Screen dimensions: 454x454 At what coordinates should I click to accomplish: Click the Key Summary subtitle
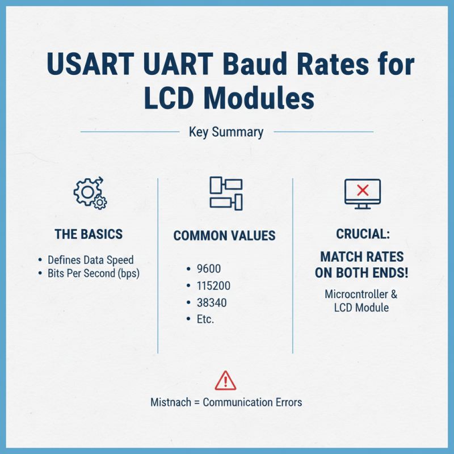click(226, 132)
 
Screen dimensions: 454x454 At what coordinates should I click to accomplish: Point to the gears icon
click(90, 194)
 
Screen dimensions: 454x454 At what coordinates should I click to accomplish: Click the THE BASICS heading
click(89, 234)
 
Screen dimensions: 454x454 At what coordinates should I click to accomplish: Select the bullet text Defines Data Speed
click(91, 260)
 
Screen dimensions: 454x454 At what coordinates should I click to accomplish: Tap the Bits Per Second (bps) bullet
click(94, 273)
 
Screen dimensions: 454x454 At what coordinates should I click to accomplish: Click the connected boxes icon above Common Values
click(225, 193)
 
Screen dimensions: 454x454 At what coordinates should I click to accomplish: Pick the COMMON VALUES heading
click(225, 236)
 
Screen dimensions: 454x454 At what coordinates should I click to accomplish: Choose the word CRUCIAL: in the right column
click(363, 234)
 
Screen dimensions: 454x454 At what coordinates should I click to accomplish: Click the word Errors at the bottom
click(287, 402)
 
